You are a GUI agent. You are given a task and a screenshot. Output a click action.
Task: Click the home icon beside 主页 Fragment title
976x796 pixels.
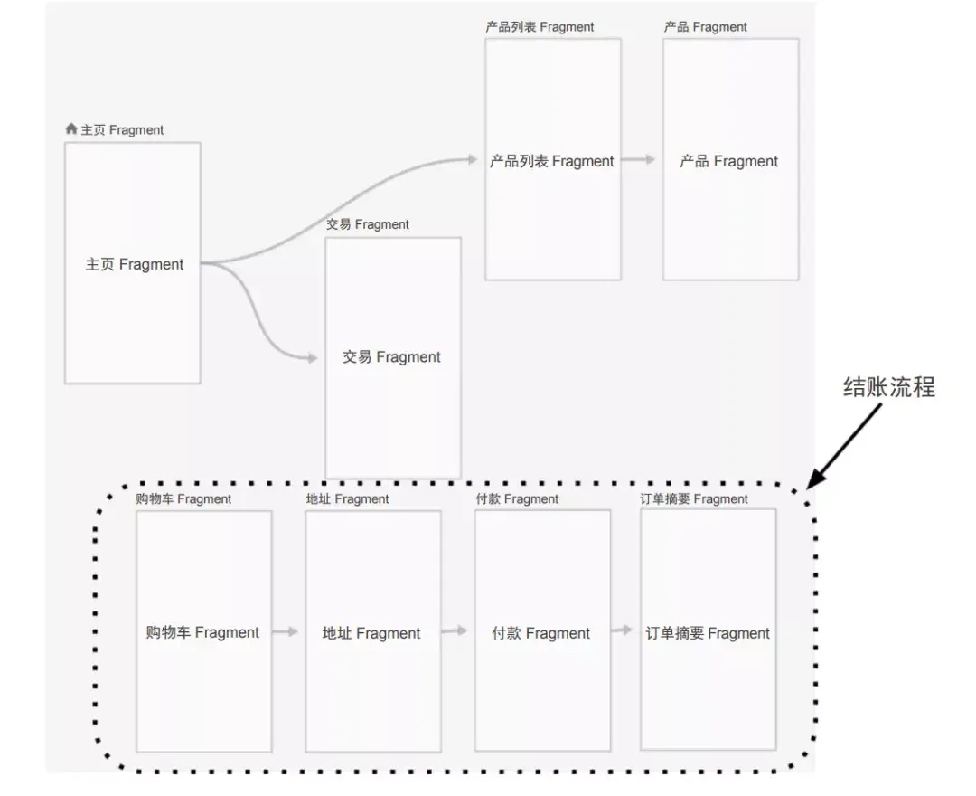[71, 129]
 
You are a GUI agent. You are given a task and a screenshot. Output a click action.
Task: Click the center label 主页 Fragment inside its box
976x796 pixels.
[134, 264]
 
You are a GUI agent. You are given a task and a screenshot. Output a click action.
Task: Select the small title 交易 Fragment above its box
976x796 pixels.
[367, 224]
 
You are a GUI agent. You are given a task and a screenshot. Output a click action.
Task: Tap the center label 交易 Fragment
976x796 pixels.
[391, 356]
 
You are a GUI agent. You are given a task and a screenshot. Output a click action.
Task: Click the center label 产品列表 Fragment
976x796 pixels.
[551, 161]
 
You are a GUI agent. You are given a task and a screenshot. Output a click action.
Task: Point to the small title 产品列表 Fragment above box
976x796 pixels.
[540, 27]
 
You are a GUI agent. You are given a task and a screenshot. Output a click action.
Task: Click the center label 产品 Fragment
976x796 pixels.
[728, 161]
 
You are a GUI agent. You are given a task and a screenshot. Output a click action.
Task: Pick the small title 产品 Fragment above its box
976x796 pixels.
[705, 27]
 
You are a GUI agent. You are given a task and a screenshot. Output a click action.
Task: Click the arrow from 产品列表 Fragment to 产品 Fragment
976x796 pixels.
[638, 160]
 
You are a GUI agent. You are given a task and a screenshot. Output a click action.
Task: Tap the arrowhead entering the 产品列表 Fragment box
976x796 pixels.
[471, 160]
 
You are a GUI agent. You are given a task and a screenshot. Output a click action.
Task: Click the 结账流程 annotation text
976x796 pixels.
[888, 387]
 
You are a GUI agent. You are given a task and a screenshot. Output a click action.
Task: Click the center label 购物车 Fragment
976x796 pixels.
[202, 632]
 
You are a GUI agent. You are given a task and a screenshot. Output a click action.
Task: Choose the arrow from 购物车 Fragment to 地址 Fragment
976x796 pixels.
[286, 631]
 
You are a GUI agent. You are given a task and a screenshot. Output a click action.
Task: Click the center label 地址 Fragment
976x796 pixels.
[371, 633]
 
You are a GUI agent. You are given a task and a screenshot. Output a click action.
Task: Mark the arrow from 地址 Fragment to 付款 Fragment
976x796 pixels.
[455, 631]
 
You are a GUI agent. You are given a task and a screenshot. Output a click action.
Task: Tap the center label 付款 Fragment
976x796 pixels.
[540, 633]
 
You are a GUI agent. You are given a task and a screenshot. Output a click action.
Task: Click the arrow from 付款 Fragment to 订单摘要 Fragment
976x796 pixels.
[623, 630]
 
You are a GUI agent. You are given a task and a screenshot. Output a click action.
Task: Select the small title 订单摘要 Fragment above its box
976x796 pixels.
[694, 498]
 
